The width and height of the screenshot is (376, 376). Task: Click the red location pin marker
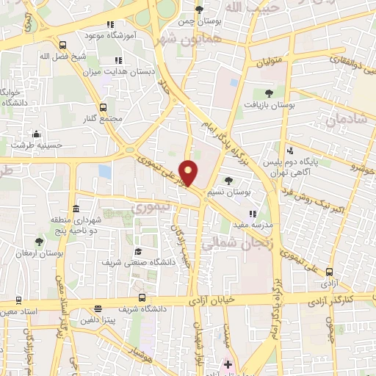[x=189, y=173]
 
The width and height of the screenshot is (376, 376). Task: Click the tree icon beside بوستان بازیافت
[x=269, y=93]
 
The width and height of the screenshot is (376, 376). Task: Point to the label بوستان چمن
[x=198, y=21]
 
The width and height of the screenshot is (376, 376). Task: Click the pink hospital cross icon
[x=227, y=364]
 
